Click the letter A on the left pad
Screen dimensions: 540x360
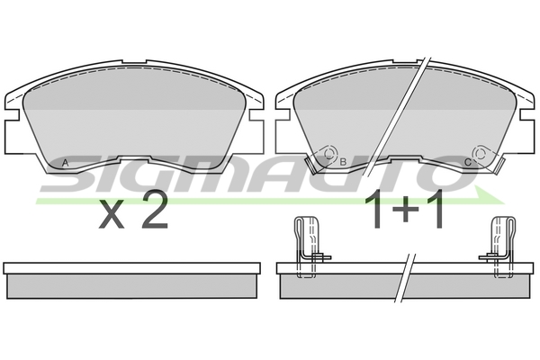coord(65,163)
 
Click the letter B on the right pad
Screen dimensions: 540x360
coord(343,162)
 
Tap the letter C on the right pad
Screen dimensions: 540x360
coord(468,162)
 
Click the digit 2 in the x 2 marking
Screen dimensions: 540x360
coord(155,210)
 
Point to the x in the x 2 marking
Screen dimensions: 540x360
coord(112,214)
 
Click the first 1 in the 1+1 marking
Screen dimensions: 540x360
coord(374,209)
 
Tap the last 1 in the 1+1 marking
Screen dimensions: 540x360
coord(436,209)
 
